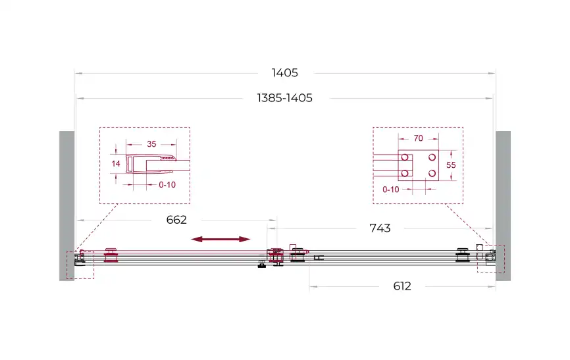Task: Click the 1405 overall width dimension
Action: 284,73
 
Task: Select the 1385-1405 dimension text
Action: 284,98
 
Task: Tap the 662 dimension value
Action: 176,220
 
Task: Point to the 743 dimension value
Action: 380,228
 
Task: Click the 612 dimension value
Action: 402,286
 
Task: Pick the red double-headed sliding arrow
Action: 220,239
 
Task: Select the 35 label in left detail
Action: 151,144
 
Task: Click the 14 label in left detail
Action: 116,164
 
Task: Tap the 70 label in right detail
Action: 419,138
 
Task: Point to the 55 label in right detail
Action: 451,165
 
